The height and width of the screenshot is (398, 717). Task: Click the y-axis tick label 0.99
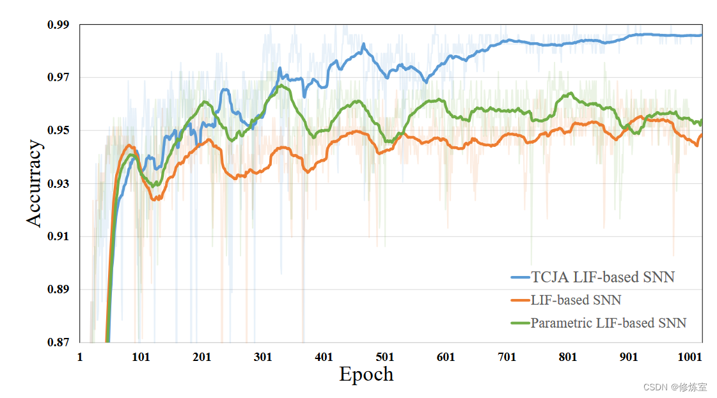point(59,25)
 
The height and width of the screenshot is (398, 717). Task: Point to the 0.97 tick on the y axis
point(59,78)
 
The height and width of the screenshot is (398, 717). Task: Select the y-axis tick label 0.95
point(59,131)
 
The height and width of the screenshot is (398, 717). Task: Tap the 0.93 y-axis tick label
point(59,184)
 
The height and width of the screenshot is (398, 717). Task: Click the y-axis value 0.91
point(59,237)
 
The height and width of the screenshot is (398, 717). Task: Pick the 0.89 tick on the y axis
point(59,290)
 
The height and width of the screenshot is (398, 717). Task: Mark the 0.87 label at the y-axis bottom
point(59,342)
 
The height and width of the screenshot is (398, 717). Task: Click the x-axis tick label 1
point(80,357)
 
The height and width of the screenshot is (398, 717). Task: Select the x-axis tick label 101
point(141,357)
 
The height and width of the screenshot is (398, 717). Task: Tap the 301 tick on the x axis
point(263,357)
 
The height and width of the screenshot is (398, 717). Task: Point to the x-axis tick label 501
point(385,357)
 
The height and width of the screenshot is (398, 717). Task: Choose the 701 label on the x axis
point(507,357)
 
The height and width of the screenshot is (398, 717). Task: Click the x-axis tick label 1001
point(689,357)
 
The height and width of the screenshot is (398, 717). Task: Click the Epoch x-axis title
point(366,374)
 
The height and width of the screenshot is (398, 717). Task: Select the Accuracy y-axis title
point(35,184)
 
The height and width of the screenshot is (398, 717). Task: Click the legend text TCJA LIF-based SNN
point(603,277)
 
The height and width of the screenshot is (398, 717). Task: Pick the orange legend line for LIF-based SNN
point(520,300)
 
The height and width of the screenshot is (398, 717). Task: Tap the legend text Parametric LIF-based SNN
point(608,323)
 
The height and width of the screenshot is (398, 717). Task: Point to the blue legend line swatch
point(520,277)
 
